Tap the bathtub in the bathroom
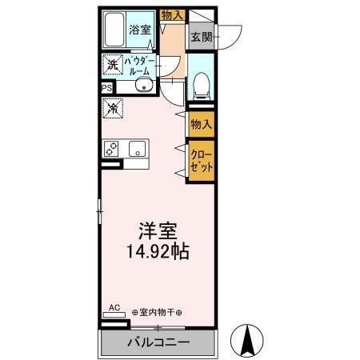pyautogui.click(x=117, y=30)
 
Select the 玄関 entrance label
pyautogui.click(x=200, y=36)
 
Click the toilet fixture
pyautogui.click(x=202, y=82)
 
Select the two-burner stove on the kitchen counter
pyautogui.click(x=113, y=149)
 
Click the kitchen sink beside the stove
pyautogui.click(x=137, y=149)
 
